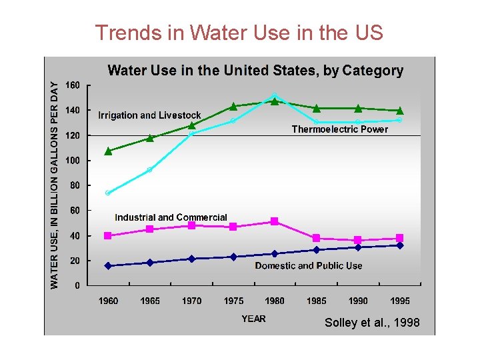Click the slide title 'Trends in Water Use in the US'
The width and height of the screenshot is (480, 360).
tap(239, 32)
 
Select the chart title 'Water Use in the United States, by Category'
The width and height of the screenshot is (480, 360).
tap(255, 70)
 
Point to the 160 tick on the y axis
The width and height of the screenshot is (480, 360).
tap(73, 85)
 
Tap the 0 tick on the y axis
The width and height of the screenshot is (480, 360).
tap(78, 286)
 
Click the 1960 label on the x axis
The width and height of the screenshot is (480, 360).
tap(108, 301)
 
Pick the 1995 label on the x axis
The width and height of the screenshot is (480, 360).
tap(400, 301)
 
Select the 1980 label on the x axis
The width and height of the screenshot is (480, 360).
tap(275, 301)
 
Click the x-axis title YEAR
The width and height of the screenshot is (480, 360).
tap(253, 319)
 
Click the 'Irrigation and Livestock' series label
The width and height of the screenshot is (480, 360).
tap(149, 115)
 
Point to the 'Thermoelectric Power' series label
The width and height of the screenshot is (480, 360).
tap(339, 129)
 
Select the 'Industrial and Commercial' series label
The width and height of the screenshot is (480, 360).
tap(171, 217)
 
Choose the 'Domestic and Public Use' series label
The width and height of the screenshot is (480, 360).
tap(309, 265)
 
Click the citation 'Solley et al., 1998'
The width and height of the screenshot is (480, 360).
tap(372, 323)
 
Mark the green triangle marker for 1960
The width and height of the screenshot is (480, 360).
tap(108, 151)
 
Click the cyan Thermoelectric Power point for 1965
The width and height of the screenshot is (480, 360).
tap(150, 169)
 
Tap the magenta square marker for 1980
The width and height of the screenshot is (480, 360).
tap(275, 221)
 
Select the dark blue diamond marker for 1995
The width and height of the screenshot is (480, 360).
tap(400, 245)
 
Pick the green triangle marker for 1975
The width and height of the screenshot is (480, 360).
tap(233, 106)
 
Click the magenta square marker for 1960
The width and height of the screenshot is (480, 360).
tap(108, 235)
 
